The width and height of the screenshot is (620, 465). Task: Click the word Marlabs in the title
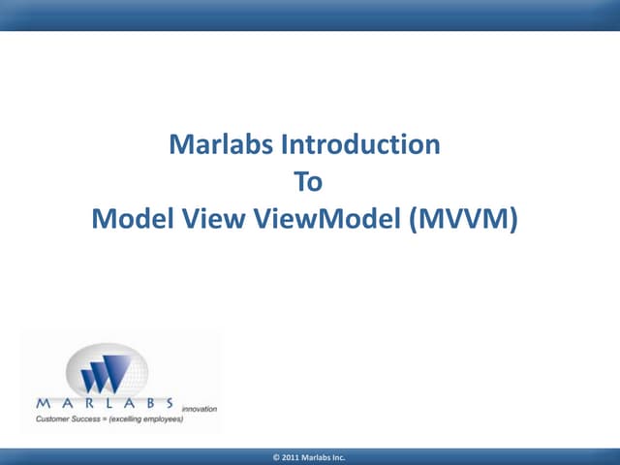click(221, 145)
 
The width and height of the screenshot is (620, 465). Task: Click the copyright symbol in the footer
click(278, 456)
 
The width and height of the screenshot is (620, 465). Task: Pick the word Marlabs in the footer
click(318, 456)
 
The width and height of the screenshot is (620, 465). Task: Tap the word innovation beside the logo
click(199, 409)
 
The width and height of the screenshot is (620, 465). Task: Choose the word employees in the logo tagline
click(161, 419)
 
